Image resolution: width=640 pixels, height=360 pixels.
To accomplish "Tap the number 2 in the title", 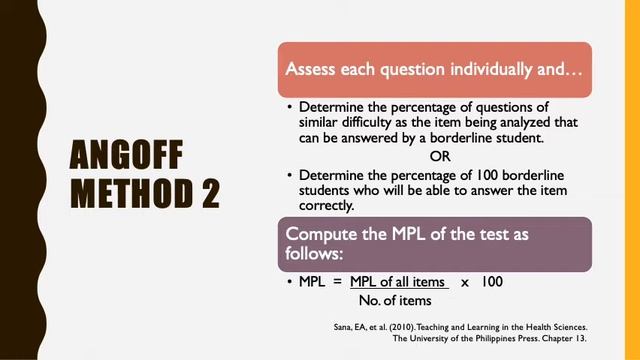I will (x=209, y=192).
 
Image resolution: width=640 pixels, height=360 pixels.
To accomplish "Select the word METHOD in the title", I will (x=126, y=192).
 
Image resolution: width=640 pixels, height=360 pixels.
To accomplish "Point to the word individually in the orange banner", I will (x=493, y=70).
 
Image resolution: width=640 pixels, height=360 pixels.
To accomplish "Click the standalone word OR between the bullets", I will (x=440, y=156).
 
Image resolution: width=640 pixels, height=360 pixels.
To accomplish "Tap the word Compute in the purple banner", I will (x=320, y=233).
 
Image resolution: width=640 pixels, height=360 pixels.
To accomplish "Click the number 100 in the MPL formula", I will (x=492, y=282).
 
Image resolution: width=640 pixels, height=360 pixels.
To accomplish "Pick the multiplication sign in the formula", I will (x=464, y=283).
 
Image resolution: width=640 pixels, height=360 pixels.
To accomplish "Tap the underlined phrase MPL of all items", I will (x=399, y=282).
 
